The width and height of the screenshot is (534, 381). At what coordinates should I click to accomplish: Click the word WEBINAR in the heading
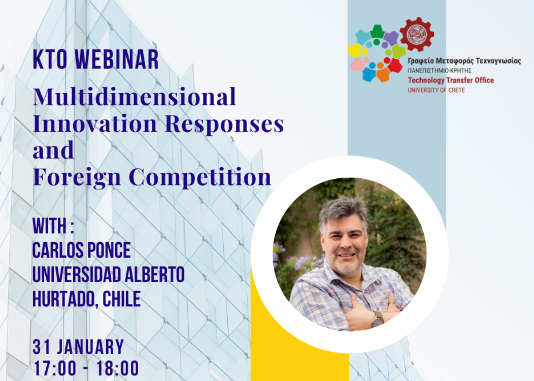116,59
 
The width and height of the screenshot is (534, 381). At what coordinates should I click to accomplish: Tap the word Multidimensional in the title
135,97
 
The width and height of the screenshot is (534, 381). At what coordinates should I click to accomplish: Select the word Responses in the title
224,124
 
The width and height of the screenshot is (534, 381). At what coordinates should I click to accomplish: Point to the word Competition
200,177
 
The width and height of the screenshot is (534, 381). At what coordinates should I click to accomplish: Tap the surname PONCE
109,250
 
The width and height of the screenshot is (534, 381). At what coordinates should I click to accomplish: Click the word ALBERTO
155,275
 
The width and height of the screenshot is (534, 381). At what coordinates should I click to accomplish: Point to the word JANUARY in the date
90,347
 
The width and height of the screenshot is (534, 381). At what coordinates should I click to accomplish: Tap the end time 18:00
117,368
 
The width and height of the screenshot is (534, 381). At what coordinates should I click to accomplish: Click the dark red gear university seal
416,34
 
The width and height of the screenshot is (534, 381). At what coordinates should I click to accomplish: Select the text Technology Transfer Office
451,81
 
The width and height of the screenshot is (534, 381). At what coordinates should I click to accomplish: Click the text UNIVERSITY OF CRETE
436,90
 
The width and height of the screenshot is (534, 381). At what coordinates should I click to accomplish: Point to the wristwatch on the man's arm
377,319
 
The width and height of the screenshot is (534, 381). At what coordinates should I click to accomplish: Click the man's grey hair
343,211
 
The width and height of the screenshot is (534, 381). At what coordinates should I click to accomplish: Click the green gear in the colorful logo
377,31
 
